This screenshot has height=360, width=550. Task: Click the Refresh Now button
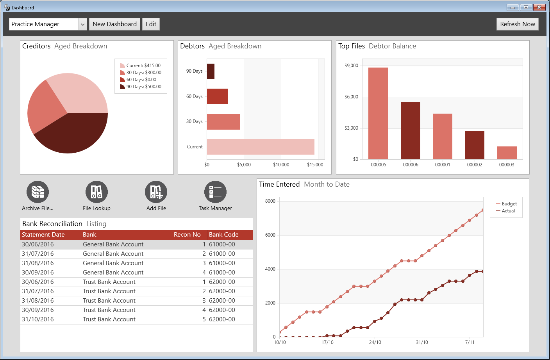click(517, 24)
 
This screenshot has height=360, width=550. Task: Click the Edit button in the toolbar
click(151, 24)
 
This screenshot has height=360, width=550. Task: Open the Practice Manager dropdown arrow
click(83, 24)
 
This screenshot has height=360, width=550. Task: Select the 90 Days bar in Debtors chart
click(211, 71)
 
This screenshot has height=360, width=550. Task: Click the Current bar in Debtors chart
click(260, 147)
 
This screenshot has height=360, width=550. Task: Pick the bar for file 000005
click(378, 113)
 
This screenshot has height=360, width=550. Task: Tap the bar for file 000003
click(507, 153)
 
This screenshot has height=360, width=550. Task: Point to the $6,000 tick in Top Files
click(351, 97)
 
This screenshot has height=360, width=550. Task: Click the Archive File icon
click(37, 192)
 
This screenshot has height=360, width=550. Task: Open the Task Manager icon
click(215, 192)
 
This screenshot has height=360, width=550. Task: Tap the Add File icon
click(156, 192)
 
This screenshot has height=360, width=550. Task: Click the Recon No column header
click(187, 235)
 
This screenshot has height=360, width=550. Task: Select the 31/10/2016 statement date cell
click(38, 319)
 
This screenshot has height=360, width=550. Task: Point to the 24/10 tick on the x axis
click(375, 342)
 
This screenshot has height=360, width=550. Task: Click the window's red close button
click(539, 7)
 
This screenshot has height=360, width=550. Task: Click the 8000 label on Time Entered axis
click(270, 201)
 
